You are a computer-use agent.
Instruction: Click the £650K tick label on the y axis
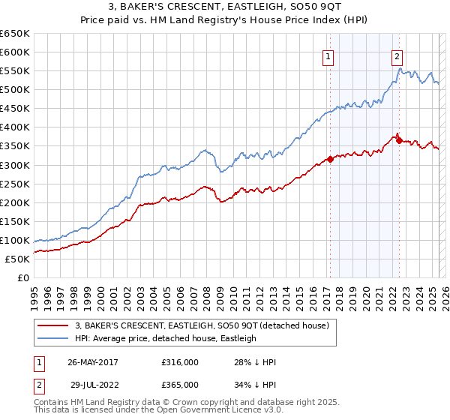[x=15, y=34]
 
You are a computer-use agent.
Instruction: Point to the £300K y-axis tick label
[x=15, y=165]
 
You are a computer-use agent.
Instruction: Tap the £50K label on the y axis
[x=18, y=259]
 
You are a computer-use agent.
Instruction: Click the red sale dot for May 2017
[x=330, y=159]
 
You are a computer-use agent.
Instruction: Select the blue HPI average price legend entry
[x=165, y=338]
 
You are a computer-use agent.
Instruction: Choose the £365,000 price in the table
[x=179, y=385]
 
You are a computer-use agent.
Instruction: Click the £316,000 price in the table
[x=179, y=362]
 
